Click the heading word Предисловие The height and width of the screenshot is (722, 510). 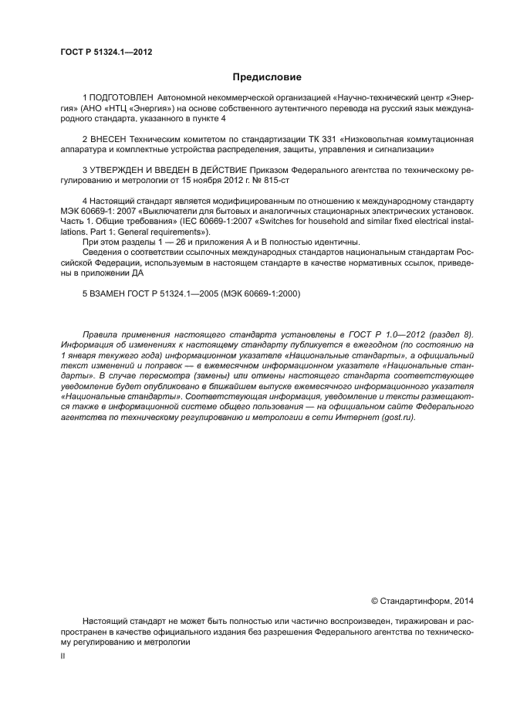[x=268, y=77]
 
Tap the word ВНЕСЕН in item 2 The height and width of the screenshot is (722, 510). [x=108, y=139]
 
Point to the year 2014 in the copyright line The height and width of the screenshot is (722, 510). [x=464, y=600]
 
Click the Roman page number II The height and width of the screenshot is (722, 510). [x=62, y=656]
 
